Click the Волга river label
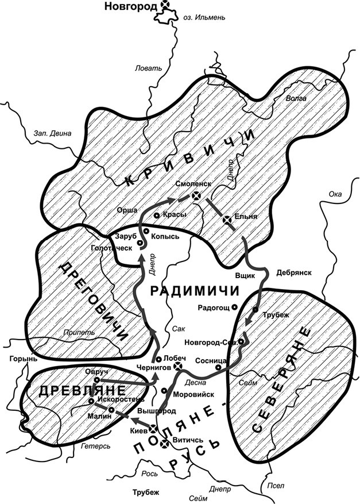pyautogui.click(x=296, y=98)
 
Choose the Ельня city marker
pyautogui.click(x=228, y=218)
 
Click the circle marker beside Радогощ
pyautogui.click(x=235, y=307)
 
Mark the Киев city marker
pyautogui.click(x=153, y=429)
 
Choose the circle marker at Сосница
pyautogui.click(x=218, y=367)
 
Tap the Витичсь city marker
pyautogui.click(x=165, y=442)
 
